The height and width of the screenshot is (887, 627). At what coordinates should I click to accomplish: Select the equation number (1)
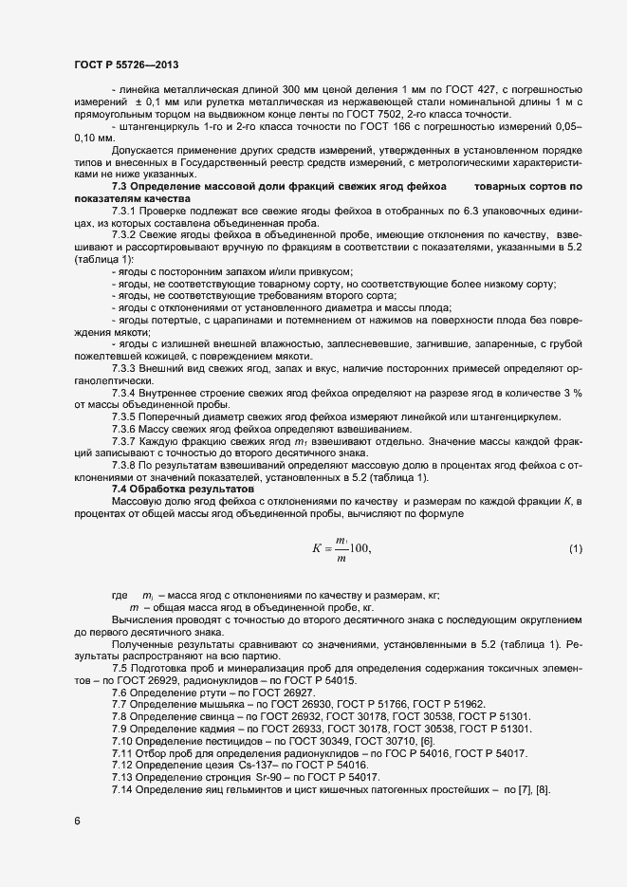[575, 549]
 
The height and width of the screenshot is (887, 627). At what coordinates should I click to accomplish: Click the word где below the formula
[120, 594]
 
